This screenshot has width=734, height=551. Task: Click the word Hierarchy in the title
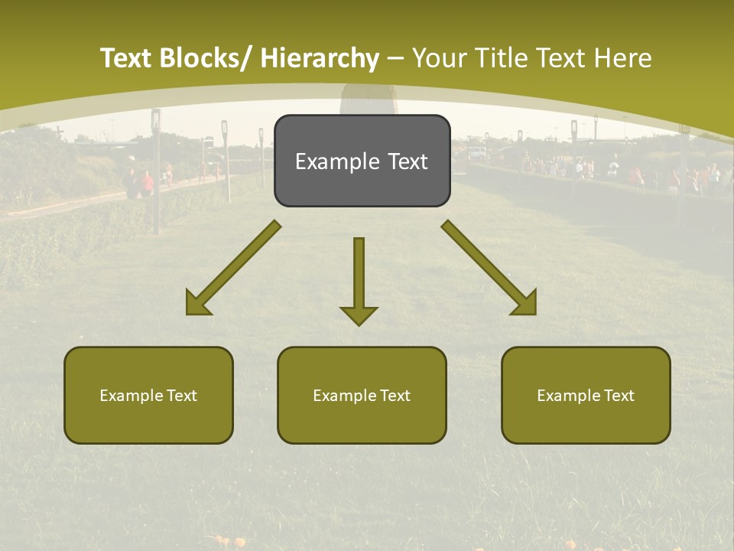320,58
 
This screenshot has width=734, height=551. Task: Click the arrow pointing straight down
359,279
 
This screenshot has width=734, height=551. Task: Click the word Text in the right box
618,396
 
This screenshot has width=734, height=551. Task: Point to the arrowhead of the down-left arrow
196,305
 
